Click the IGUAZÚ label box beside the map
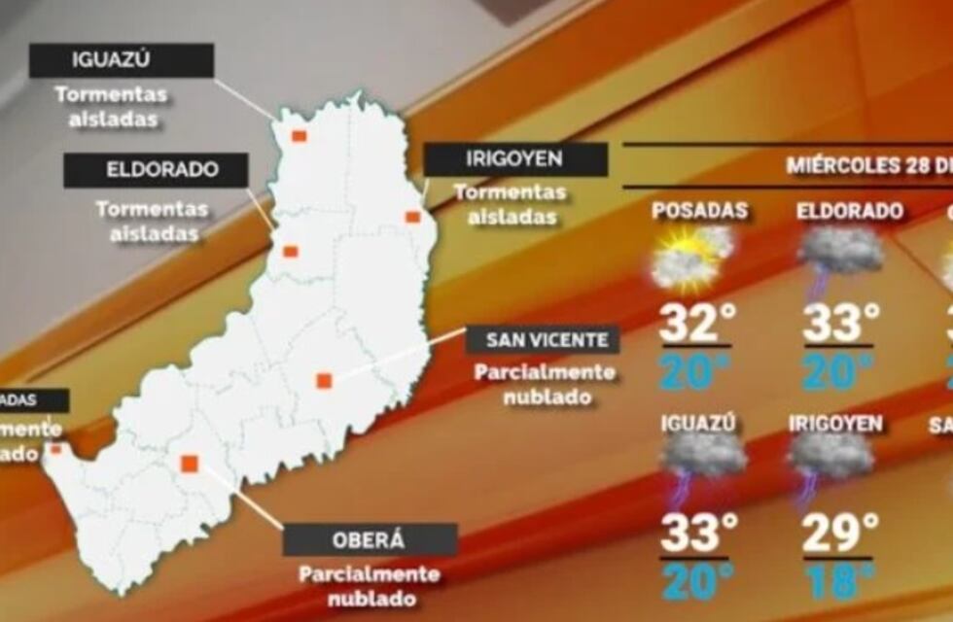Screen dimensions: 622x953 pyautogui.click(x=122, y=60)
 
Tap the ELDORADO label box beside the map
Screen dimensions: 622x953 pyautogui.click(x=156, y=171)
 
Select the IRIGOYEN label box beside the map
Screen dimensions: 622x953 pyautogui.click(x=515, y=159)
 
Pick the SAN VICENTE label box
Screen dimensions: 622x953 pyautogui.click(x=542, y=339)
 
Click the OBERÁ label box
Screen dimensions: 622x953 pyautogui.click(x=370, y=539)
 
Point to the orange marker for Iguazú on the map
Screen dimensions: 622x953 pyautogui.click(x=300, y=136)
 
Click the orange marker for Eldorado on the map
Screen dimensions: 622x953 pyautogui.click(x=290, y=252)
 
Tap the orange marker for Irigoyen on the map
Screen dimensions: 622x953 pyautogui.click(x=412, y=217)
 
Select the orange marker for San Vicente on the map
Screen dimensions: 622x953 pyautogui.click(x=324, y=381)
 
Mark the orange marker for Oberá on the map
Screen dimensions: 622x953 pyautogui.click(x=190, y=464)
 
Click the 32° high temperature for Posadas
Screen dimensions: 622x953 pyautogui.click(x=694, y=324)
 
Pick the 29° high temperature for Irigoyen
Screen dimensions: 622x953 pyautogui.click(x=839, y=534)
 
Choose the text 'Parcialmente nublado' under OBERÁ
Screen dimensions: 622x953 pyautogui.click(x=370, y=586)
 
